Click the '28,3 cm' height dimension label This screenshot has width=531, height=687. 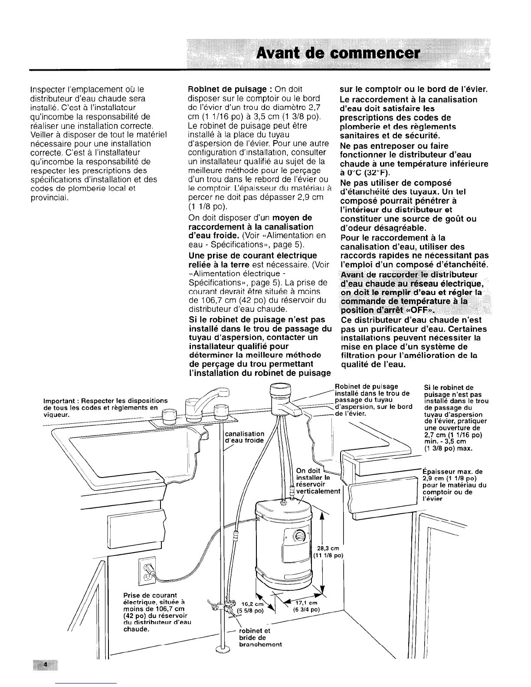click(x=328, y=551)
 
